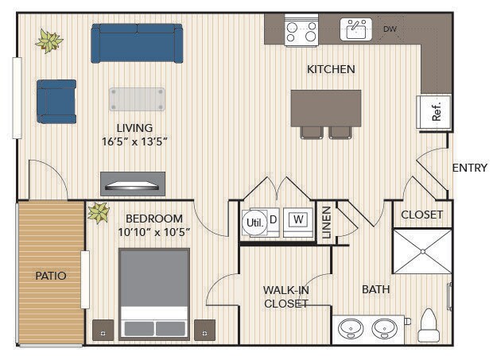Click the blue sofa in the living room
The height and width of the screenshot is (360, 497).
pos(137,44)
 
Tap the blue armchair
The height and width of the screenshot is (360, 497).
pos(56,102)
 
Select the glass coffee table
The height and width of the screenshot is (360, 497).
pos(138,99)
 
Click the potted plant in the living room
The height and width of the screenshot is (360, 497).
pos(49,41)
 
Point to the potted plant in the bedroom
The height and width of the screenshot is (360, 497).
pos(99,213)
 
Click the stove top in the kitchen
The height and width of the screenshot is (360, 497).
pos(301,30)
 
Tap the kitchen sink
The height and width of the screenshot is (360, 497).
pos(356,29)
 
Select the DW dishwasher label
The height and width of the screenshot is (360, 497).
pos(390,29)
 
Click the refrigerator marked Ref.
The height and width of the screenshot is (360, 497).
pos(433,112)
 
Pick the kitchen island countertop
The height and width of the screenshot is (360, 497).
pos(326,108)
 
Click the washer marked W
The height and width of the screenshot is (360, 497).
pos(298,223)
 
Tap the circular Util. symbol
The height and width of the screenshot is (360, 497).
pos(254,223)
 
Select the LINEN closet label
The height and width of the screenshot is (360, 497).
pos(327,223)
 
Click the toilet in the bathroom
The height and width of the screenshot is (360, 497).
pos(429,326)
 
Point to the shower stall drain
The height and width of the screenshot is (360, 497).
pos(423,252)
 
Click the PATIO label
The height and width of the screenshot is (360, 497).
pos(51,276)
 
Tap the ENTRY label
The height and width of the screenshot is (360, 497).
pos(470,168)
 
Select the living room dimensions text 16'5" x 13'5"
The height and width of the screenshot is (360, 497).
pos(134,141)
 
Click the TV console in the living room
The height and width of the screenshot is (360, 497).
pos(133,184)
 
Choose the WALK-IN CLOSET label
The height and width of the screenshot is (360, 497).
pos(286,297)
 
